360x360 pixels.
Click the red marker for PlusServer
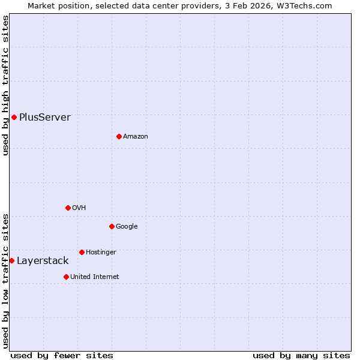tap(14, 117)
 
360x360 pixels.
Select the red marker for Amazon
tap(119, 136)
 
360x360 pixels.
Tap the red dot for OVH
tap(68, 208)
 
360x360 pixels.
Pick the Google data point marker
tap(112, 226)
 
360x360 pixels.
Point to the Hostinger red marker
tap(82, 252)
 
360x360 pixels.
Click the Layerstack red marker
tap(11, 260)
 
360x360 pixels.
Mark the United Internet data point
tap(66, 277)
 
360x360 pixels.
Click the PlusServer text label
tap(45, 118)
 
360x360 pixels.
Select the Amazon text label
tap(136, 137)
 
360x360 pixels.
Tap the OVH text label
tap(79, 208)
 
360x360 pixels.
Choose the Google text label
tap(127, 227)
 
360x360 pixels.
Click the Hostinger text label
tap(101, 253)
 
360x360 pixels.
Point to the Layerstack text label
tap(43, 261)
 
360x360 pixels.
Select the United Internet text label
tap(95, 277)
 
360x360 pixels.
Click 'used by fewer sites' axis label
tap(62, 355)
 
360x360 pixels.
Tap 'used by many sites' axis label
tap(301, 355)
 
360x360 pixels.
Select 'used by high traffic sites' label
tap(5, 85)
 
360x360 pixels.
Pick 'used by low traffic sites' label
tap(5, 280)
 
